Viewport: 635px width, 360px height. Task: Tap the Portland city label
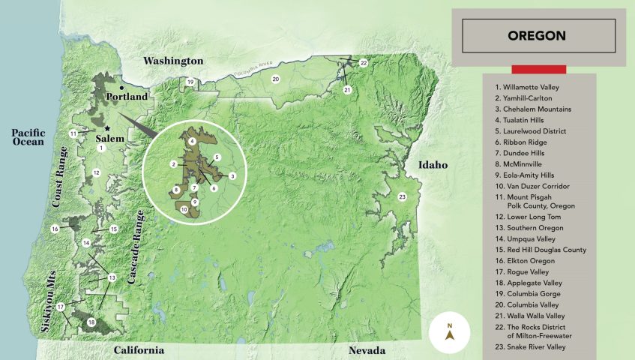click(x=127, y=97)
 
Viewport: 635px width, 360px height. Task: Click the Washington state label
click(x=173, y=60)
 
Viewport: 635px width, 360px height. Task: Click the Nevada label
click(x=367, y=350)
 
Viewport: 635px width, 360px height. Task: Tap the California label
click(x=139, y=350)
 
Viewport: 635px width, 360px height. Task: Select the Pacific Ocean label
click(x=28, y=137)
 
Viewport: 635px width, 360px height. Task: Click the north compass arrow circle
click(x=450, y=331)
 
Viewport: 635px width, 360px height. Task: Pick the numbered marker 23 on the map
click(x=402, y=197)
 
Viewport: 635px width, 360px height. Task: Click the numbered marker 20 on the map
click(x=275, y=78)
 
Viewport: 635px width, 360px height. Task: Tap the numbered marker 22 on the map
click(x=363, y=63)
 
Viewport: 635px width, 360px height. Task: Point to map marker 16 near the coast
click(x=55, y=228)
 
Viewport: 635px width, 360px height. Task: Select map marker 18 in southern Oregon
click(x=91, y=322)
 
